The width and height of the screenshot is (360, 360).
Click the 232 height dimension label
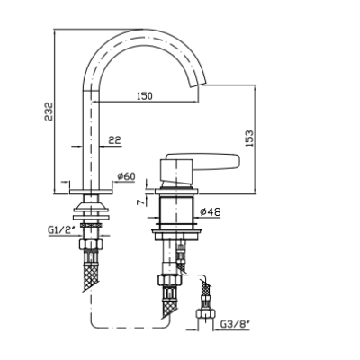[x=48, y=112]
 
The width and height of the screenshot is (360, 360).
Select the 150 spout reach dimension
[x=145, y=96]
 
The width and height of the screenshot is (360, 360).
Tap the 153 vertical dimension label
[x=249, y=138]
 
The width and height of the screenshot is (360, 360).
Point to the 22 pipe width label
[x=114, y=139]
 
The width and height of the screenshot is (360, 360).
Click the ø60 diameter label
[x=126, y=176]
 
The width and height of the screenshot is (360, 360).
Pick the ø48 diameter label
[x=211, y=212]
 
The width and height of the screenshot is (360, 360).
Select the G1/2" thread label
[x=60, y=230]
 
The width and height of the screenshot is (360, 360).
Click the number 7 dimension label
[x=140, y=202]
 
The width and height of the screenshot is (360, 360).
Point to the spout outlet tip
[x=199, y=85]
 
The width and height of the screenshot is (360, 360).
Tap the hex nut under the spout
[x=91, y=244]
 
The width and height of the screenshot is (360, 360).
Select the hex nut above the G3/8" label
[x=206, y=314]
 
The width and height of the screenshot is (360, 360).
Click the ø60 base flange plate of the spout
[x=91, y=192]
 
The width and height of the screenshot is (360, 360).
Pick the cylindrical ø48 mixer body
[x=176, y=210]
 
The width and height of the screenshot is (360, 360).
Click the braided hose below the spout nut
[x=91, y=275]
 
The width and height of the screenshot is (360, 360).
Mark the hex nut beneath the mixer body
[x=170, y=280]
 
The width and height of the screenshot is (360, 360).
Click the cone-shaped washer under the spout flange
[x=91, y=206]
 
